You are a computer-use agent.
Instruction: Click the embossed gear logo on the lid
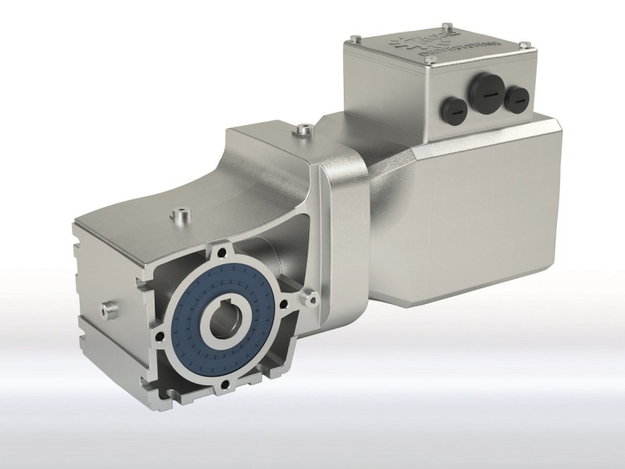412,45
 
